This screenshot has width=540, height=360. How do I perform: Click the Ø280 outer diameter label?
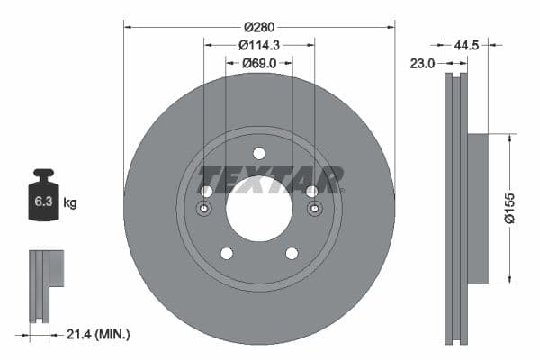click(259, 13)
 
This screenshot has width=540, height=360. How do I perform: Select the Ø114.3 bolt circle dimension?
click(259, 44)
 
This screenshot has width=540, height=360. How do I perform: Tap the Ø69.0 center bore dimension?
click(259, 64)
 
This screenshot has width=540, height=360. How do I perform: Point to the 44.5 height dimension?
click(465, 43)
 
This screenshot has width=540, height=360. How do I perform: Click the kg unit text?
click(70, 203)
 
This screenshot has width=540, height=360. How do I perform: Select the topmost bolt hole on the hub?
click(259, 153)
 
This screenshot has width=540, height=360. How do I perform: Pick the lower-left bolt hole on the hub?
click(227, 253)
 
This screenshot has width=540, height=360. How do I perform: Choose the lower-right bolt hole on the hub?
click(292, 253)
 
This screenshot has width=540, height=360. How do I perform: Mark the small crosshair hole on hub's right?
click(314, 210)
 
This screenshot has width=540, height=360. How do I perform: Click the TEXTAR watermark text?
click(270, 179)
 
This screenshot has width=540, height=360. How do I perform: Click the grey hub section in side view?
click(477, 208)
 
